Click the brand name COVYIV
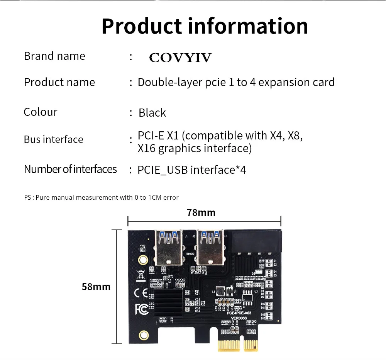pyautogui.click(x=180, y=58)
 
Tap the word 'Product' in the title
pyautogui.click(x=141, y=26)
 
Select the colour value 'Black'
pyautogui.click(x=152, y=113)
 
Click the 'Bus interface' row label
pyautogui.click(x=53, y=139)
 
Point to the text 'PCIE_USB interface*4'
pyautogui.click(x=192, y=170)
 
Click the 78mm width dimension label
pyautogui.click(x=201, y=212)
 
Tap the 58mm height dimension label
pyautogui.click(x=96, y=287)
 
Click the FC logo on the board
pyautogui.click(x=141, y=309)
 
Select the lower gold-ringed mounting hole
pyautogui.click(x=144, y=334)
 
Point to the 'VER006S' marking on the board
pyautogui.click(x=239, y=318)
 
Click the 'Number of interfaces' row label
pyautogui.click(x=70, y=169)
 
